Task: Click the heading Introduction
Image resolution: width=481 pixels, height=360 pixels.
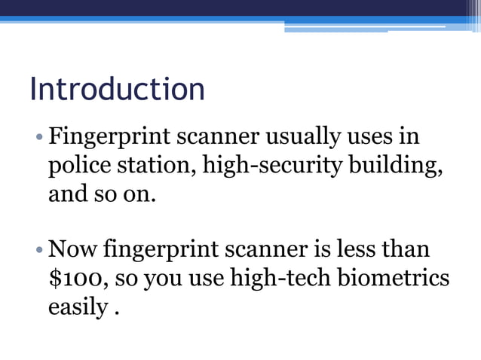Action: click(117, 90)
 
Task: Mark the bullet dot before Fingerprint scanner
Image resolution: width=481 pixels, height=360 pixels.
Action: click(38, 139)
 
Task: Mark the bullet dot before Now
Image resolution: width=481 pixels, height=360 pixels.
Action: click(38, 249)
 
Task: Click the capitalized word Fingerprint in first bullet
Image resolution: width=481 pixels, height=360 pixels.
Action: click(109, 138)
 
